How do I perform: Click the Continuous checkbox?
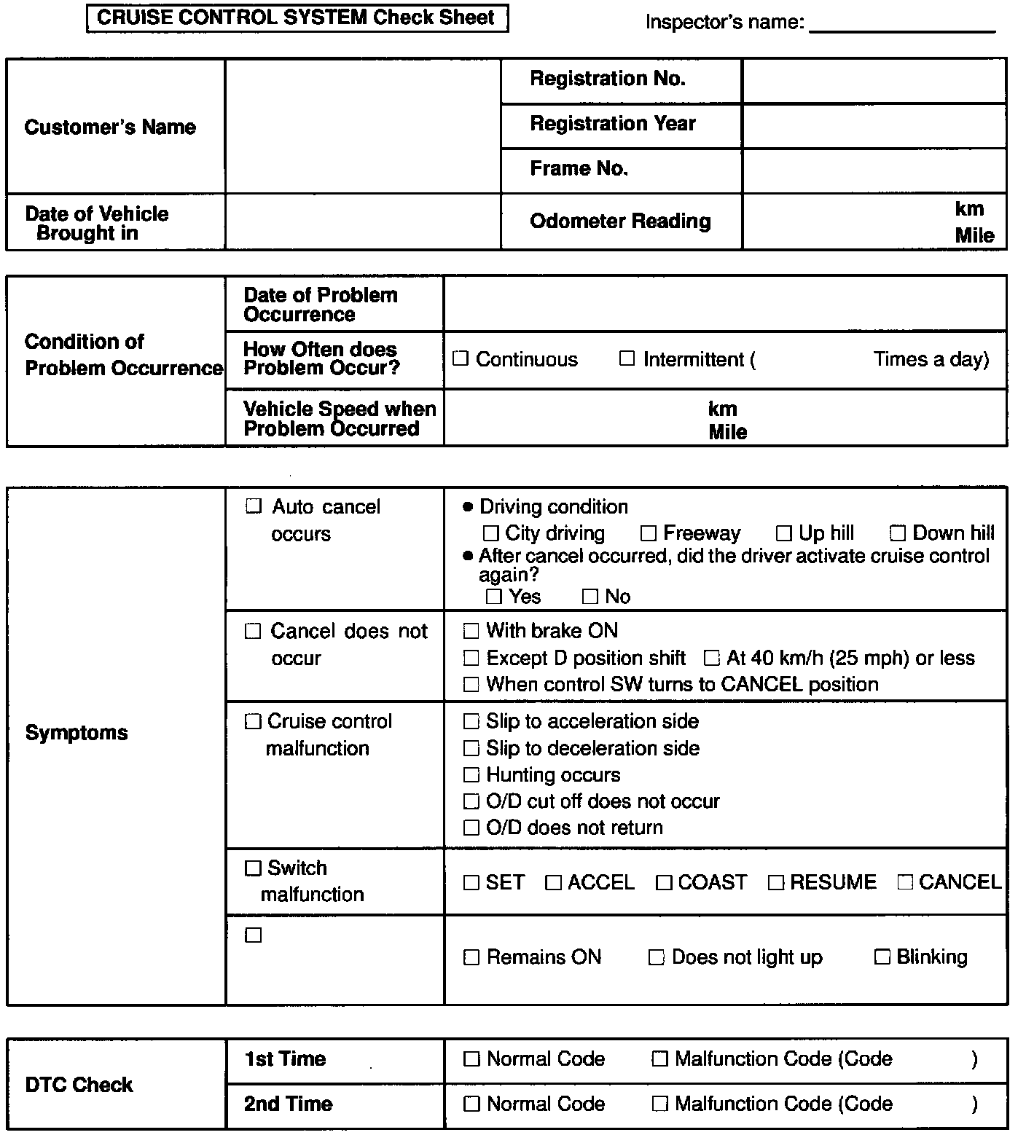pyautogui.click(x=460, y=358)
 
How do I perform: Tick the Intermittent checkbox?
pyautogui.click(x=627, y=358)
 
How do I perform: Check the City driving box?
pyautogui.click(x=491, y=534)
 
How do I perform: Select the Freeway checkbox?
pyautogui.click(x=648, y=534)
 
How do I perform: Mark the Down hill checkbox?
pyautogui.click(x=898, y=534)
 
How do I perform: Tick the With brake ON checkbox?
pyautogui.click(x=471, y=631)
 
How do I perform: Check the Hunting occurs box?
pyautogui.click(x=471, y=775)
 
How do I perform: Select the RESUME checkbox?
pyautogui.click(x=775, y=883)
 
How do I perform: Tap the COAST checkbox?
pyautogui.click(x=663, y=883)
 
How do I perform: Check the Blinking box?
pyautogui.click(x=882, y=957)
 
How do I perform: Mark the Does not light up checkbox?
pyautogui.click(x=656, y=957)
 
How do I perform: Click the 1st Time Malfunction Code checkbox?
pyautogui.click(x=659, y=1059)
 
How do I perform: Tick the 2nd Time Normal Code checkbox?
pyautogui.click(x=471, y=1104)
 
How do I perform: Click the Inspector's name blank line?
pyautogui.click(x=902, y=23)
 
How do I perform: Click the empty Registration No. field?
pyautogui.click(x=874, y=80)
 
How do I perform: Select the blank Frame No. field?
pyautogui.click(x=874, y=170)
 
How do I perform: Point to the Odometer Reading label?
pyautogui.click(x=620, y=221)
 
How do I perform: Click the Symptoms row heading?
pyautogui.click(x=77, y=733)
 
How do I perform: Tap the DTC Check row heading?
pyautogui.click(x=79, y=1085)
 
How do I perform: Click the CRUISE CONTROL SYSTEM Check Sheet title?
pyautogui.click(x=297, y=18)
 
